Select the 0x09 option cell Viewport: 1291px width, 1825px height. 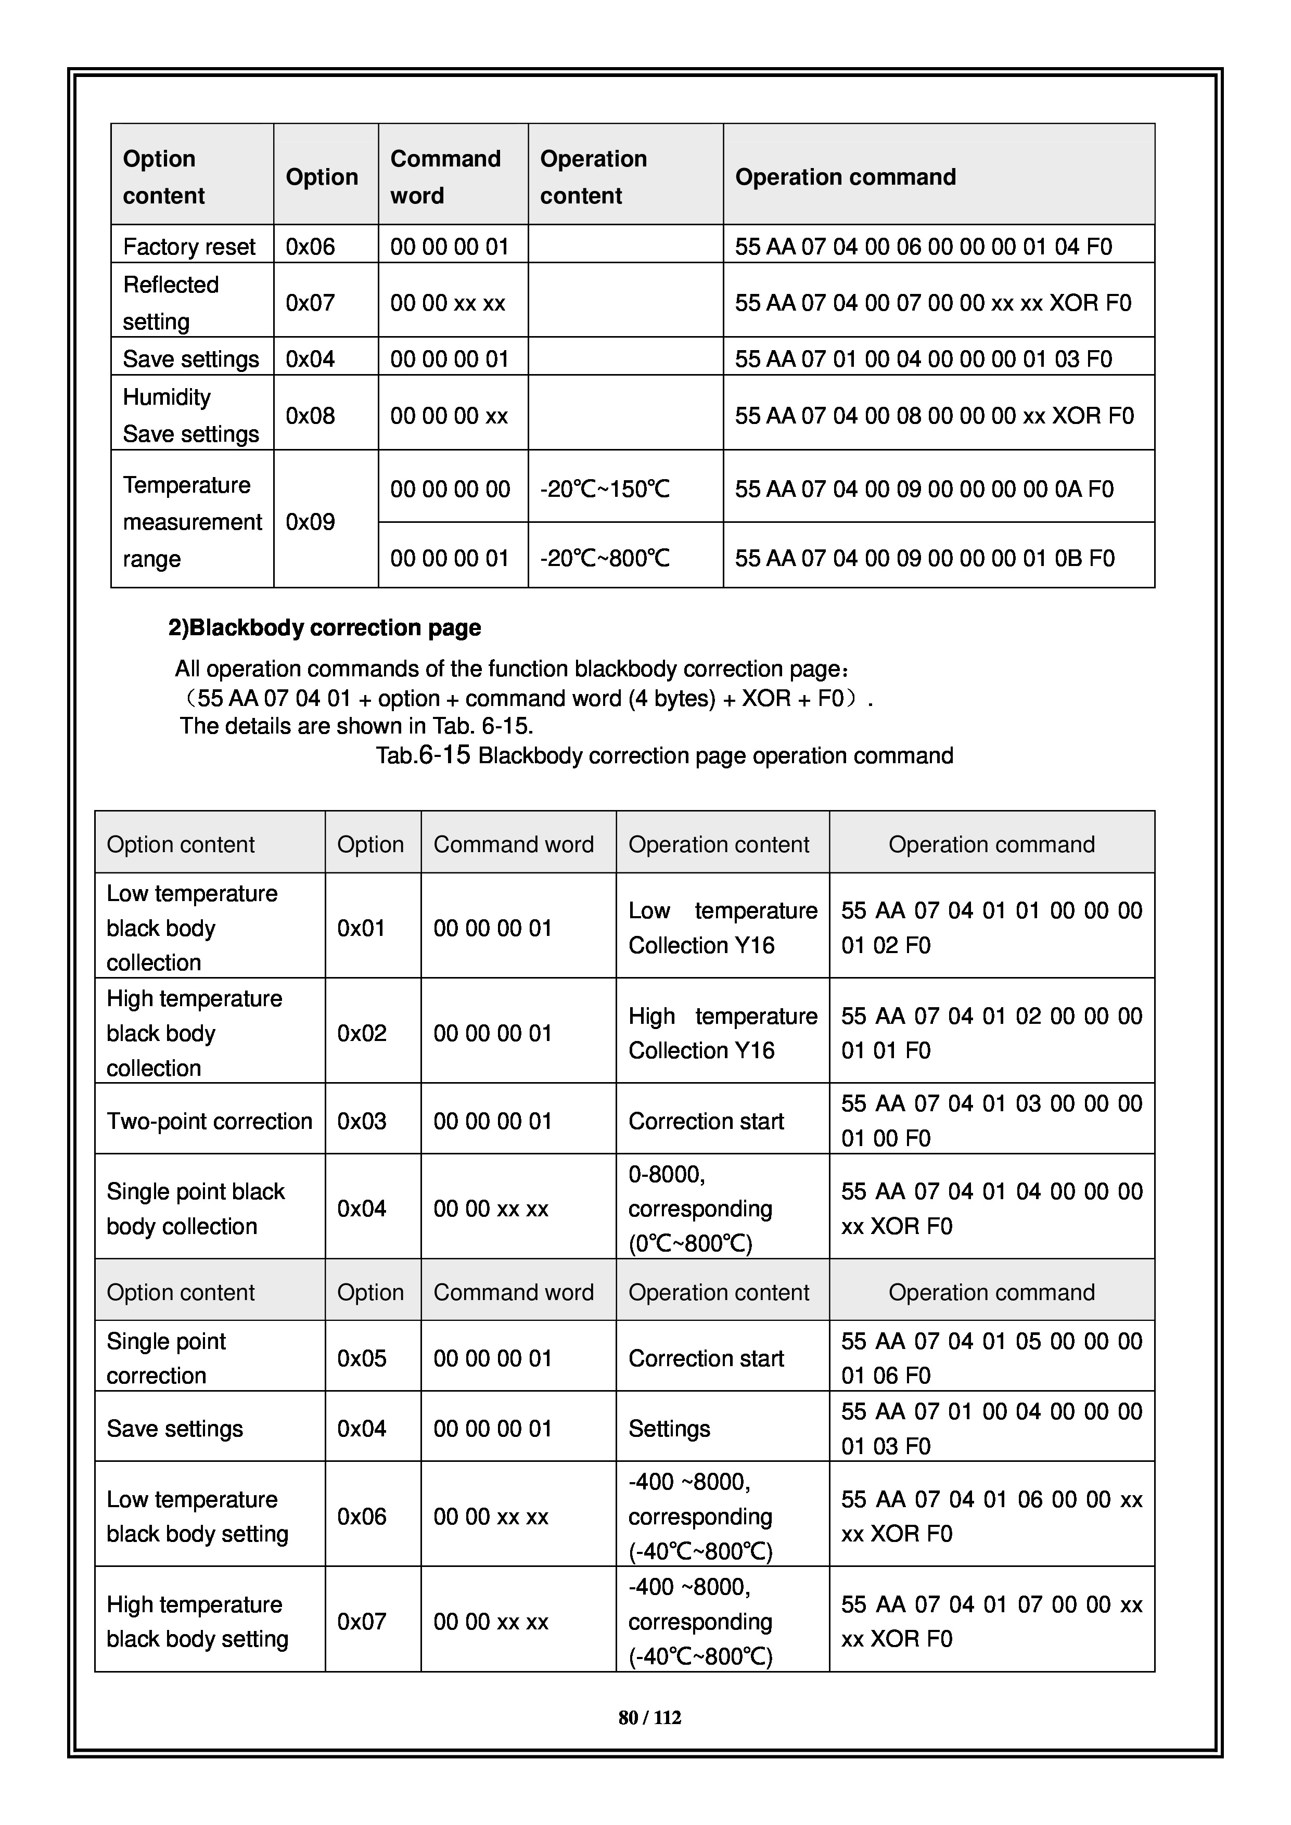pos(310,522)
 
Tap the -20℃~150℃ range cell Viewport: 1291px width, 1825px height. pos(605,489)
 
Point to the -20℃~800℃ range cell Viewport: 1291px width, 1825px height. pos(605,558)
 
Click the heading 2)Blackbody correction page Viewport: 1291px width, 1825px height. pos(324,628)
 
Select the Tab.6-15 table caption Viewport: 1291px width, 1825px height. pos(664,755)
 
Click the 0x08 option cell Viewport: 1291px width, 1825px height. pos(310,416)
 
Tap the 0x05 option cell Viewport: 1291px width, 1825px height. pos(362,1358)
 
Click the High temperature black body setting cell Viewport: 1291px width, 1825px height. pos(197,1622)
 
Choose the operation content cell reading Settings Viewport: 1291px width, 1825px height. pos(669,1429)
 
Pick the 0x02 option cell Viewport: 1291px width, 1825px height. pos(362,1033)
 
